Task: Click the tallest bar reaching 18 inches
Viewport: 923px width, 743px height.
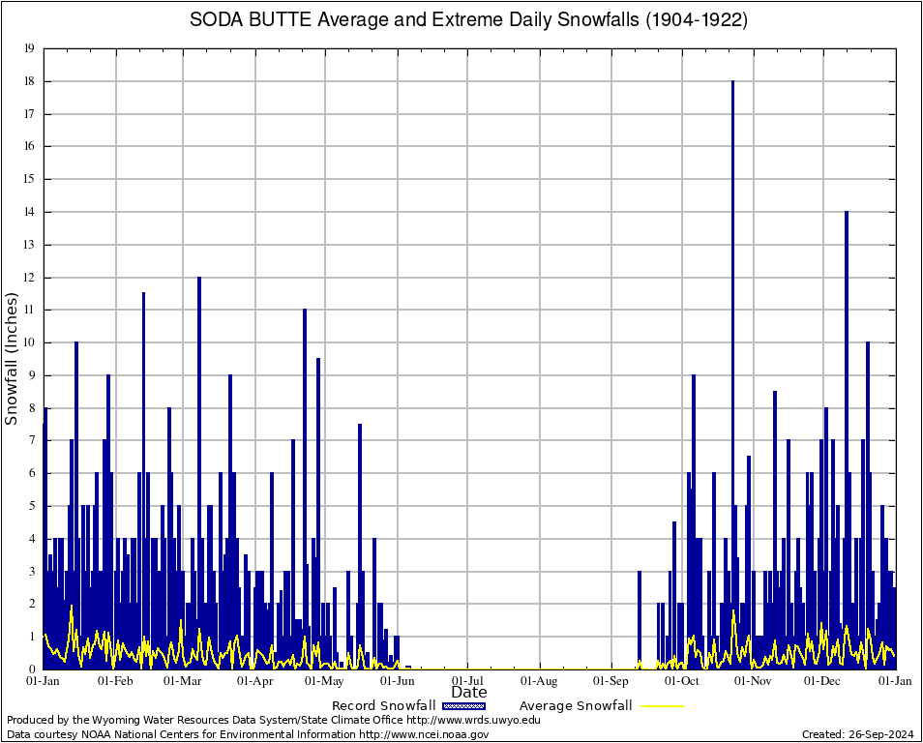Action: pyautogui.click(x=732, y=290)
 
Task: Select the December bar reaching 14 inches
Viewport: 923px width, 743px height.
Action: pyautogui.click(x=846, y=387)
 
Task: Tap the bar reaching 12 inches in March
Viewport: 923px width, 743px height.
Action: pyautogui.click(x=199, y=435)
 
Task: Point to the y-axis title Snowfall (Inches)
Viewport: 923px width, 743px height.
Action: pyautogui.click(x=12, y=359)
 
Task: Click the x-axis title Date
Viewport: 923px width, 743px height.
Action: pyautogui.click(x=469, y=692)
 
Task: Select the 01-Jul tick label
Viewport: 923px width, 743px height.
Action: pyautogui.click(x=468, y=681)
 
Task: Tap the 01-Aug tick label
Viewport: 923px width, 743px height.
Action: pyautogui.click(x=540, y=681)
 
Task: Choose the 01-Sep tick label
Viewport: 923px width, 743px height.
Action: pyautogui.click(x=611, y=681)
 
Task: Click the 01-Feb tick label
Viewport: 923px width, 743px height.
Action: pyautogui.click(x=115, y=681)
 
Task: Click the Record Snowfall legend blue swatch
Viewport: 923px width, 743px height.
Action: pyautogui.click(x=463, y=705)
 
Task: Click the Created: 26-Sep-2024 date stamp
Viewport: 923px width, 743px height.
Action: pyautogui.click(x=857, y=734)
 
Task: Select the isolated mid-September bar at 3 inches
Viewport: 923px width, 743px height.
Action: pyautogui.click(x=640, y=619)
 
